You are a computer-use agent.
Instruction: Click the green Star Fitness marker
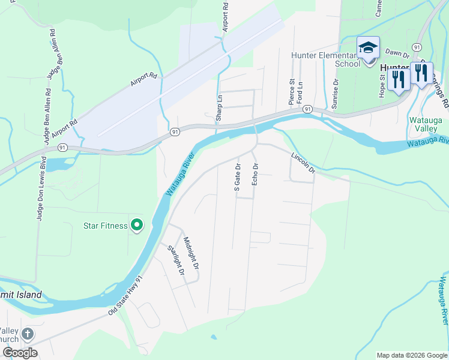pos(137,226)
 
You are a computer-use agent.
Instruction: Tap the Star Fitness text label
pos(105,226)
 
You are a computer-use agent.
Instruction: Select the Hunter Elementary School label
pos(325,59)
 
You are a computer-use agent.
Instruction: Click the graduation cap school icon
pos(367,47)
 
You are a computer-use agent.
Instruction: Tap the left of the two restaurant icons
pos(398,79)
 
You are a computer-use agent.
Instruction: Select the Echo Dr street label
pos(255,173)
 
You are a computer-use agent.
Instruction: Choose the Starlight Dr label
pos(175,259)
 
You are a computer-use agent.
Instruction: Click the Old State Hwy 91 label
pos(127,296)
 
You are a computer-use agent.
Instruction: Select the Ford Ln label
pos(300,92)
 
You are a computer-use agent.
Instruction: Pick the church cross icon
pos(28,334)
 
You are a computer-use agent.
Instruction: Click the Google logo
pos(20,353)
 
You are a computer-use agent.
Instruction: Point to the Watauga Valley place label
pos(425,124)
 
